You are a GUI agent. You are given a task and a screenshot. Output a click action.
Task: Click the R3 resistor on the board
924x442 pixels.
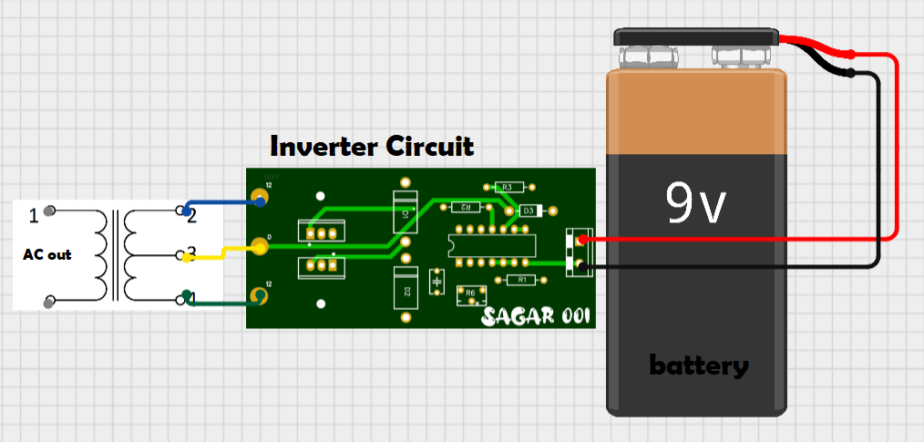(x=508, y=187)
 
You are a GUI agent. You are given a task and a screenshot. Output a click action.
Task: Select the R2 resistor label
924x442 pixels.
(x=465, y=208)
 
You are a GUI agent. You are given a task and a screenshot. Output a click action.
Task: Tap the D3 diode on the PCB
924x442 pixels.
(x=527, y=211)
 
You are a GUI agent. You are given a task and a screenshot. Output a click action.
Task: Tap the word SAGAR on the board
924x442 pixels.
(x=517, y=316)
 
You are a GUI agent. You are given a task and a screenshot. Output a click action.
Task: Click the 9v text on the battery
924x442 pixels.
(x=697, y=204)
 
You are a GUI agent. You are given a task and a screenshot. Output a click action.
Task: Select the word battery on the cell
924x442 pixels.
(x=698, y=366)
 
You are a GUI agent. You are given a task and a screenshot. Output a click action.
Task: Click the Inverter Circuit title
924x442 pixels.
(x=372, y=146)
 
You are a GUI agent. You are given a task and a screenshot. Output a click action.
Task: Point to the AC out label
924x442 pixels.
(x=47, y=255)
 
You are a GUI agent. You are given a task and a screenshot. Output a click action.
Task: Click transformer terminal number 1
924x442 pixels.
(x=34, y=216)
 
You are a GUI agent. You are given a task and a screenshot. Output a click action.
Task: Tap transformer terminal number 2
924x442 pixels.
(x=191, y=215)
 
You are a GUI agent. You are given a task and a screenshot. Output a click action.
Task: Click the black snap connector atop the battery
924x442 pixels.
(x=697, y=38)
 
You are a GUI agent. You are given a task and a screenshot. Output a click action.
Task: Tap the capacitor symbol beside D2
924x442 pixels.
(x=438, y=281)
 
